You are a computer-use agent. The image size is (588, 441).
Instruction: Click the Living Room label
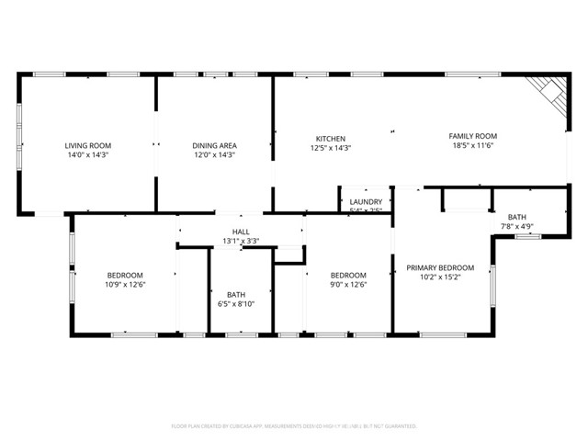click(x=87, y=146)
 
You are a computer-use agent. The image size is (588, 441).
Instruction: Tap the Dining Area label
click(x=214, y=146)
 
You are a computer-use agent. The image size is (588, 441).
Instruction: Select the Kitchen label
click(x=331, y=138)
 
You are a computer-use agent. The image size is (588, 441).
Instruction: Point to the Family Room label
click(x=473, y=136)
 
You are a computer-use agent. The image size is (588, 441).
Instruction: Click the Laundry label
click(x=366, y=201)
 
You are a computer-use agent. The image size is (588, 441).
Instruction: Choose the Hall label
click(x=241, y=232)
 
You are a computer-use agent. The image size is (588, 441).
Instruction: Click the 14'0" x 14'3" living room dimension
click(x=87, y=155)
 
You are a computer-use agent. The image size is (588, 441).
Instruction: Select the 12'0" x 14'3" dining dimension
click(x=214, y=155)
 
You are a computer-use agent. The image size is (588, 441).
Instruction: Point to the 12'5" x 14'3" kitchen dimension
click(x=331, y=147)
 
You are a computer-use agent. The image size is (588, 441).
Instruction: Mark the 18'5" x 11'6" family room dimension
click(x=473, y=145)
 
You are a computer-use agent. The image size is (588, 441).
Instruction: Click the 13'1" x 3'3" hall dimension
click(x=241, y=242)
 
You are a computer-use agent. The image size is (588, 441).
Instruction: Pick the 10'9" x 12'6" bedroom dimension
click(x=126, y=284)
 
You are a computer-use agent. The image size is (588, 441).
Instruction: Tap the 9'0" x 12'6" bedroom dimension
click(x=348, y=284)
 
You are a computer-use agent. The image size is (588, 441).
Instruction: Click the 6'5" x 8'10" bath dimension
click(x=236, y=303)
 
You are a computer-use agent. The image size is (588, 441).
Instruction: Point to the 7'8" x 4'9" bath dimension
click(x=517, y=226)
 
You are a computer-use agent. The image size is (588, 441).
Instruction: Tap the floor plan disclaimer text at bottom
click(x=294, y=426)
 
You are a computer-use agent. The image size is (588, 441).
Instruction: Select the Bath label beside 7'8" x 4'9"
click(x=517, y=217)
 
